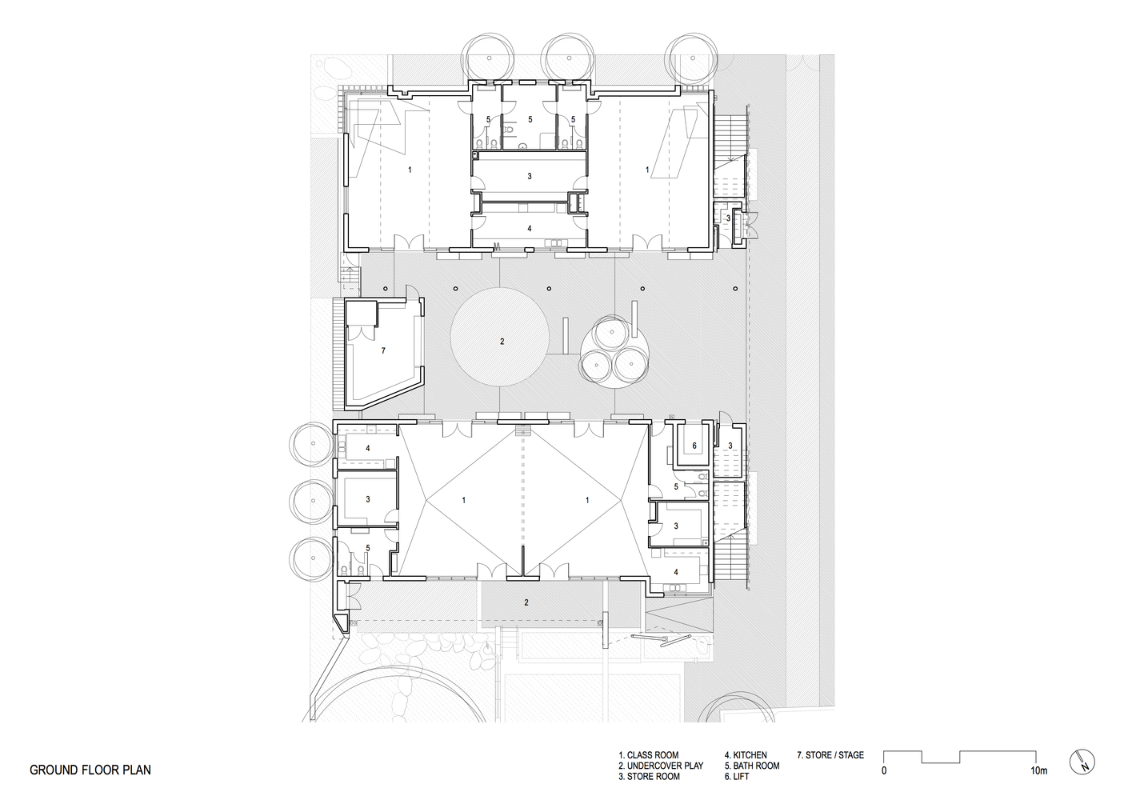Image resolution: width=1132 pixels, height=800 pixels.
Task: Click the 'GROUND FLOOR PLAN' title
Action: [x=90, y=770]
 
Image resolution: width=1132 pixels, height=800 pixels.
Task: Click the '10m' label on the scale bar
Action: [x=1038, y=771]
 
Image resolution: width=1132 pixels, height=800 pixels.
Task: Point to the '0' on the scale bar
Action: [x=884, y=771]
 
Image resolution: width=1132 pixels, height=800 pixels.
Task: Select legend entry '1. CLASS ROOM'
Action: [x=648, y=755]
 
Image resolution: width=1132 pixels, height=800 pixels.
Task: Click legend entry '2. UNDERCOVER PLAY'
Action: [x=661, y=766]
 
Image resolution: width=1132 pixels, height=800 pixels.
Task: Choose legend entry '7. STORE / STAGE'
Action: [x=830, y=755]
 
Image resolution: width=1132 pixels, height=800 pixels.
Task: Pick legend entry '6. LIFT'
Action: [x=740, y=777]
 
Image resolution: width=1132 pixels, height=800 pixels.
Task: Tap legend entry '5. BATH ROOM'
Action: [x=751, y=766]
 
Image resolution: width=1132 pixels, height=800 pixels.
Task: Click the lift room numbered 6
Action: [x=694, y=446]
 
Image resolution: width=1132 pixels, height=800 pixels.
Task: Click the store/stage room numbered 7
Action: [x=383, y=350]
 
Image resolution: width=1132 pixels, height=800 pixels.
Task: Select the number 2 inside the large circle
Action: [x=502, y=342]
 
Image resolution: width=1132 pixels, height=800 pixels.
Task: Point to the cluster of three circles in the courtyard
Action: [x=614, y=351]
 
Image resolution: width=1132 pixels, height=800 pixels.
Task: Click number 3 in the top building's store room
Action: [x=529, y=175]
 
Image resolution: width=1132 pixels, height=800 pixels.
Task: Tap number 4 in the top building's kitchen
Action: [x=529, y=228]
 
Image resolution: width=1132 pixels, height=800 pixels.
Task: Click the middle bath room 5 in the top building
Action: [x=529, y=119]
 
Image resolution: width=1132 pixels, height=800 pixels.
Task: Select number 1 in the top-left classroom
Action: [x=410, y=170]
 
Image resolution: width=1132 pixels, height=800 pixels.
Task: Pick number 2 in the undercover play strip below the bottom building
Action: [x=526, y=602]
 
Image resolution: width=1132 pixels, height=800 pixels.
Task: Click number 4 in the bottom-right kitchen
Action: [x=676, y=572]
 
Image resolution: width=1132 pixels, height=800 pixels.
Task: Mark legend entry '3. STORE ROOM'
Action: [x=649, y=777]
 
